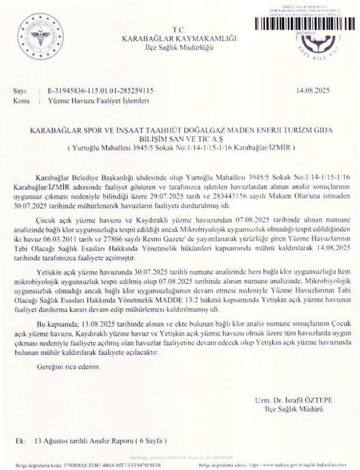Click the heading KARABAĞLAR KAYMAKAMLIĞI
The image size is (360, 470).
(178, 38)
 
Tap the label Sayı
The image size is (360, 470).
(19, 92)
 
